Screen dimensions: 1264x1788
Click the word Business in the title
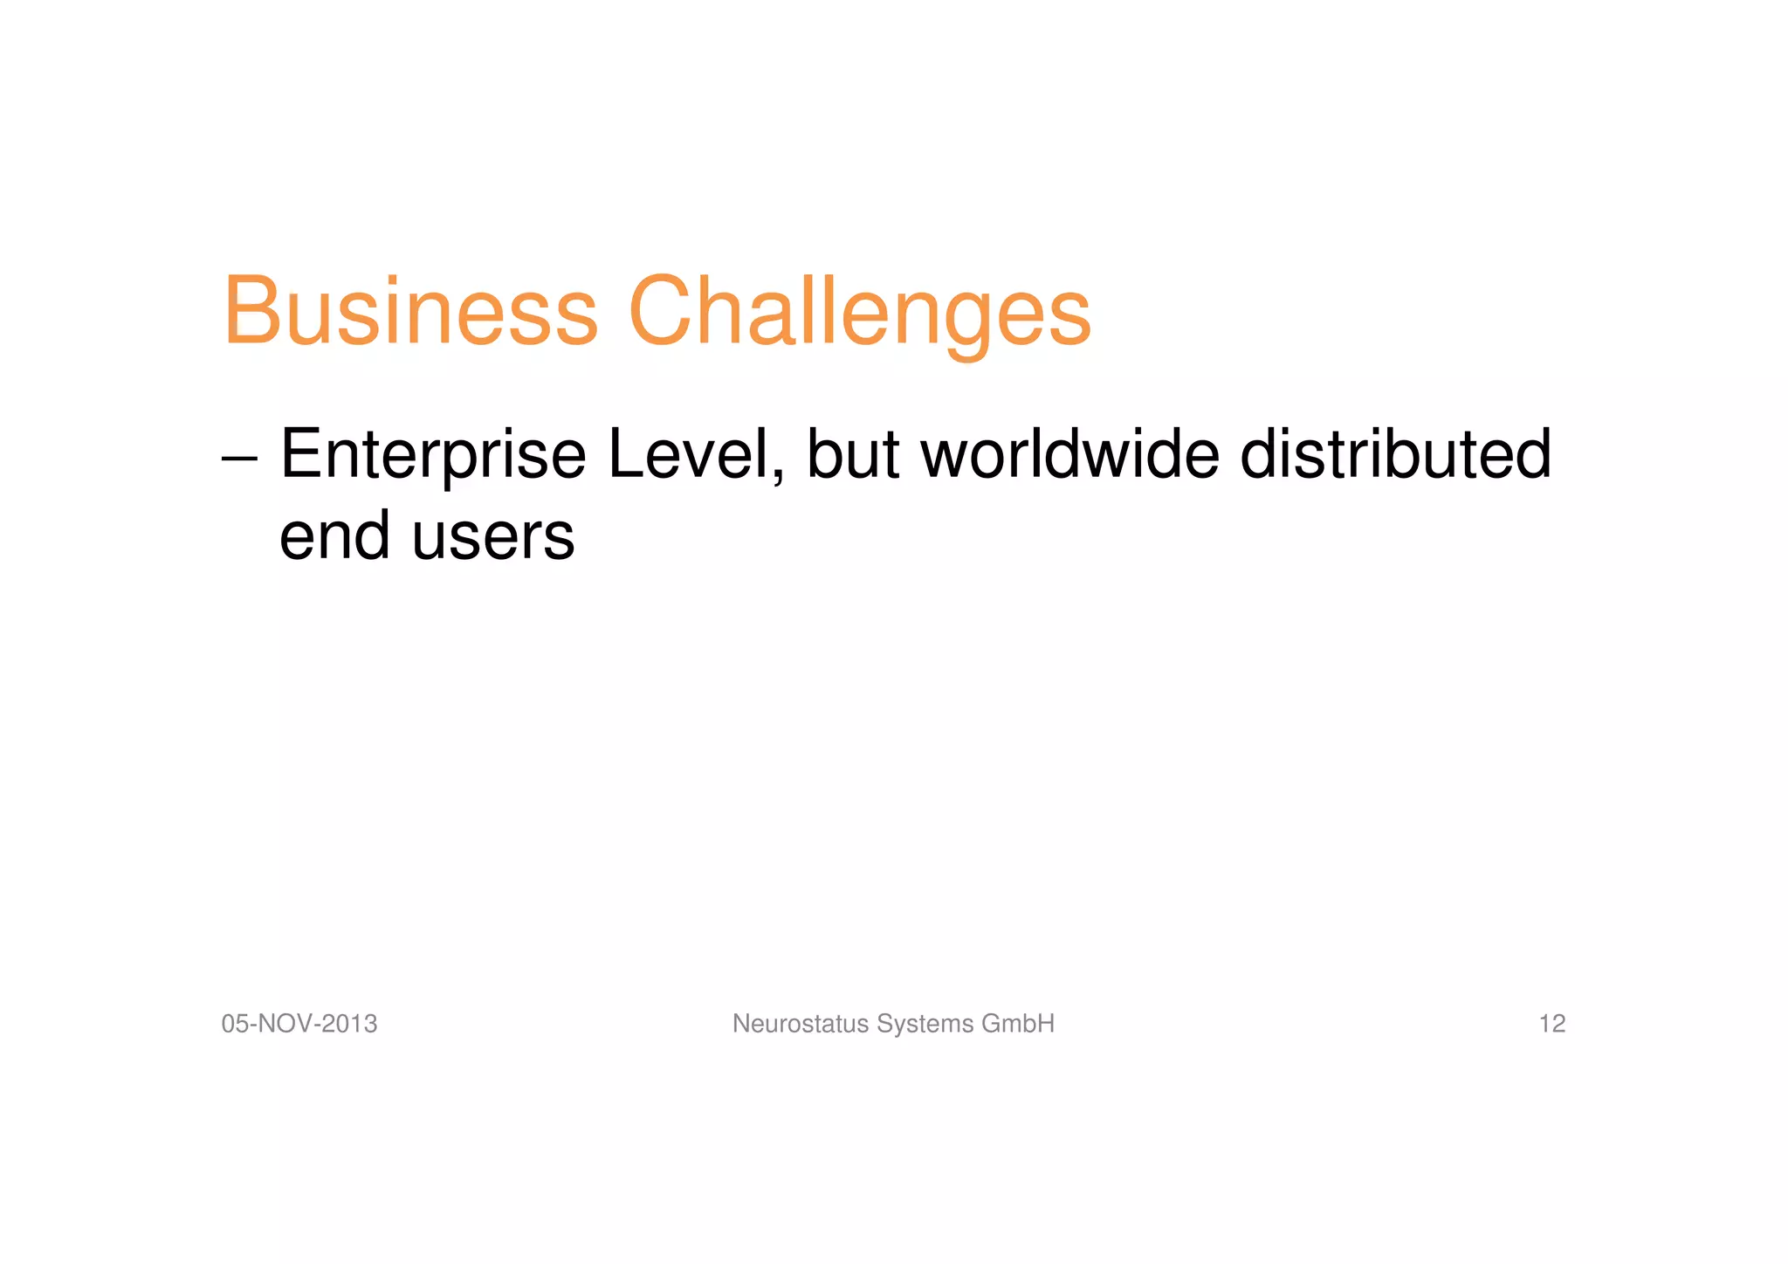click(x=411, y=312)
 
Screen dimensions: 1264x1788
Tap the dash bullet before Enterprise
click(x=239, y=458)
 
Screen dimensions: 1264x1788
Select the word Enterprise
click(x=433, y=455)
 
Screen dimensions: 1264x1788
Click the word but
click(x=852, y=455)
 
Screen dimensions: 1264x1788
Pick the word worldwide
click(x=1069, y=455)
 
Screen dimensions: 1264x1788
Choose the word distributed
click(x=1395, y=455)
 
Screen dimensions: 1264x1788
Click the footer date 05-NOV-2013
click(x=299, y=1024)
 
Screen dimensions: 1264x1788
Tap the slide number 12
click(x=1551, y=1024)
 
